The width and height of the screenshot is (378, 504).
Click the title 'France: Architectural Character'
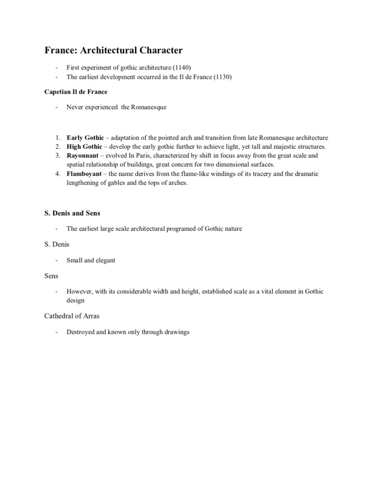pos(114,50)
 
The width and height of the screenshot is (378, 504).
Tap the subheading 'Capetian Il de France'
pos(76,92)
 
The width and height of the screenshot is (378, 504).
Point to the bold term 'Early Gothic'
pos(85,138)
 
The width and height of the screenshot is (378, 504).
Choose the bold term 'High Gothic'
pos(84,147)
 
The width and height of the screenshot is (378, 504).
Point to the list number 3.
pos(57,156)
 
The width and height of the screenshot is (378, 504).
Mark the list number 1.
pos(57,138)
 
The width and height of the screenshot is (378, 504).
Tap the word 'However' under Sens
pos(79,291)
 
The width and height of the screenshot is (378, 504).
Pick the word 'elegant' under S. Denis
pos(105,260)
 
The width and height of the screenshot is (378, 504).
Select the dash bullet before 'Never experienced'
pos(58,107)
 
